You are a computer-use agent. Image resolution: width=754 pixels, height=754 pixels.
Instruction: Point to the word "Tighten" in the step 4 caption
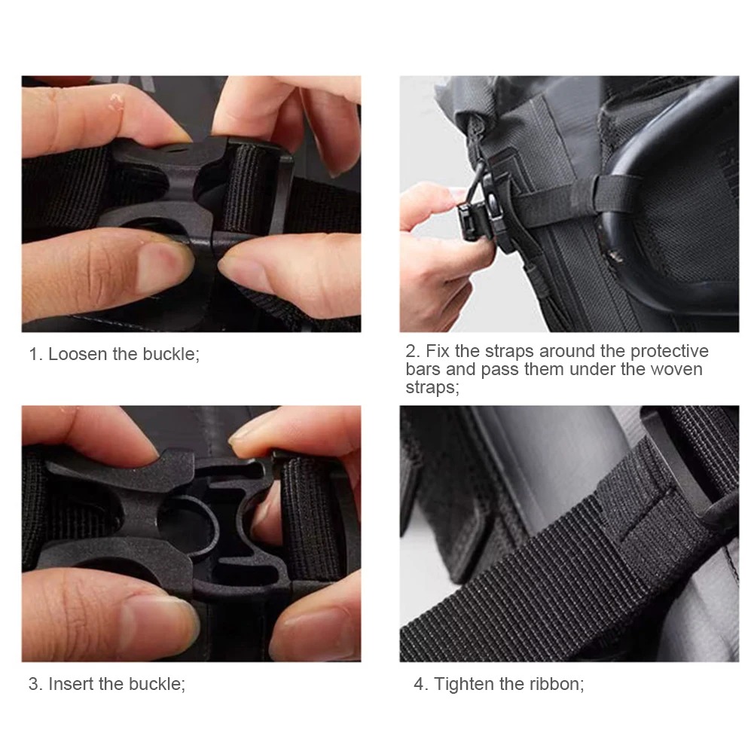464,684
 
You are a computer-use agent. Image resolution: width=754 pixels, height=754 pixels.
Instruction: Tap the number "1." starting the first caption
36,354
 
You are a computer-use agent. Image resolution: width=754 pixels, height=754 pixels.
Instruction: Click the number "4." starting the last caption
420,684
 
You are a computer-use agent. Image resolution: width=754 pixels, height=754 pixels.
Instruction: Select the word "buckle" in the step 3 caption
155,684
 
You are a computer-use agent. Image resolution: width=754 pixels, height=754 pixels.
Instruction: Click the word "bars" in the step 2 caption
423,369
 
